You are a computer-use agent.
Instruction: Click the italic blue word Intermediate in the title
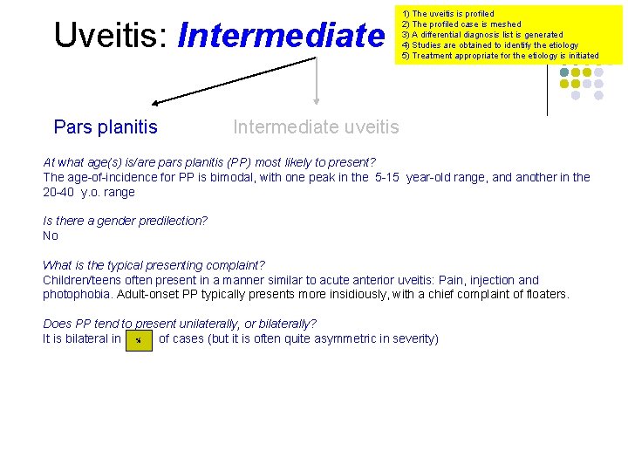pyautogui.click(x=280, y=35)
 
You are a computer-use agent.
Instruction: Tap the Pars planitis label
pyautogui.click(x=106, y=127)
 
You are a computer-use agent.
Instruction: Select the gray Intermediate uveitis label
pyautogui.click(x=316, y=127)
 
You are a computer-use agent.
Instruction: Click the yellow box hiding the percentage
pyautogui.click(x=139, y=339)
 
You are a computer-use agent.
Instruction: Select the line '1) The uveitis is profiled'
pyautogui.click(x=447, y=14)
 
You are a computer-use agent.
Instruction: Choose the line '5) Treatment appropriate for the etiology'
pyautogui.click(x=500, y=56)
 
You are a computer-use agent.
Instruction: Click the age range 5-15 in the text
pyautogui.click(x=386, y=177)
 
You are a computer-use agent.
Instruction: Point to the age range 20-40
pyautogui.click(x=61, y=192)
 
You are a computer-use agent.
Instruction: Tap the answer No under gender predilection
pyautogui.click(x=51, y=235)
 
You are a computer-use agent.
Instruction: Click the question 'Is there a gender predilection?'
pyautogui.click(x=125, y=221)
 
